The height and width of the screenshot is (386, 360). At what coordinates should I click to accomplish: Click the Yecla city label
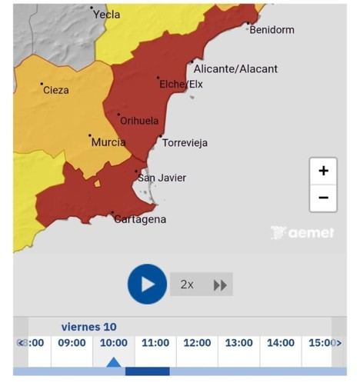[106, 15]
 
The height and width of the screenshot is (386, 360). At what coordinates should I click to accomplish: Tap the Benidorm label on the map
[272, 30]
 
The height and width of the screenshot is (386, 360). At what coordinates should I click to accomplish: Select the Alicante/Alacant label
[235, 69]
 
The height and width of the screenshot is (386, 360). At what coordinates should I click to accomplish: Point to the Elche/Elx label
[181, 84]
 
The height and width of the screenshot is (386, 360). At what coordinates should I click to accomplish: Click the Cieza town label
[55, 91]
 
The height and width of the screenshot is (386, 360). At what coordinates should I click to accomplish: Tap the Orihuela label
[139, 121]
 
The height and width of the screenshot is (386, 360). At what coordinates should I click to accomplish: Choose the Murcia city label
[108, 143]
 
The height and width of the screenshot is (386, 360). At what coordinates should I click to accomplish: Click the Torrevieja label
[185, 143]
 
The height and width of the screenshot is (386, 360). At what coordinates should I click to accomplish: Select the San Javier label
[162, 178]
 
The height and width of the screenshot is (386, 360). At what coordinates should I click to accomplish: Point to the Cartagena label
[139, 220]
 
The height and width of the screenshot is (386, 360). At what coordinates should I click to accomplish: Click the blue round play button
[147, 284]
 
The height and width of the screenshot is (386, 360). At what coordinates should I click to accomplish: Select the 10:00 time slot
[113, 343]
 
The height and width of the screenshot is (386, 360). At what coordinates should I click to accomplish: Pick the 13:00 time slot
[238, 343]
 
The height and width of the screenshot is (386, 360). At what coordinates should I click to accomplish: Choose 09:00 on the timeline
[72, 343]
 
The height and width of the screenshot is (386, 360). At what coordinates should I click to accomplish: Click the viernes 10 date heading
[89, 327]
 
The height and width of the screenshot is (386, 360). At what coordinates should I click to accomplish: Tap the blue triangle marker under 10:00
[113, 362]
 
